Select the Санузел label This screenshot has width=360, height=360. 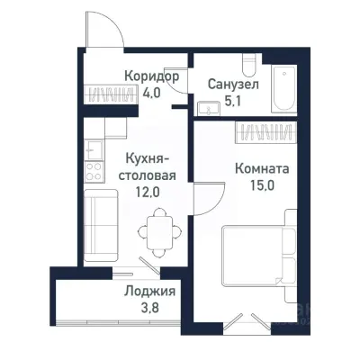click(232, 83)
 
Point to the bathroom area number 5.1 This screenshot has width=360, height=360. click(231, 100)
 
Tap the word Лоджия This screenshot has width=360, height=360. click(149, 292)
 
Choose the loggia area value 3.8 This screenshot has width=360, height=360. click(149, 308)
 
